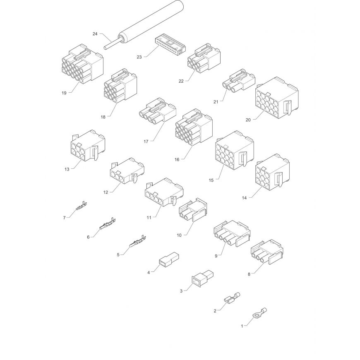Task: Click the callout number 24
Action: (95, 34)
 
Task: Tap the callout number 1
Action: (242, 326)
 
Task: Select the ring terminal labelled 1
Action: (259, 313)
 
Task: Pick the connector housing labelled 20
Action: (277, 98)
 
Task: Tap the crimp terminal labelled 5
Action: (137, 241)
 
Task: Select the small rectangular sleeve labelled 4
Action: (169, 260)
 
